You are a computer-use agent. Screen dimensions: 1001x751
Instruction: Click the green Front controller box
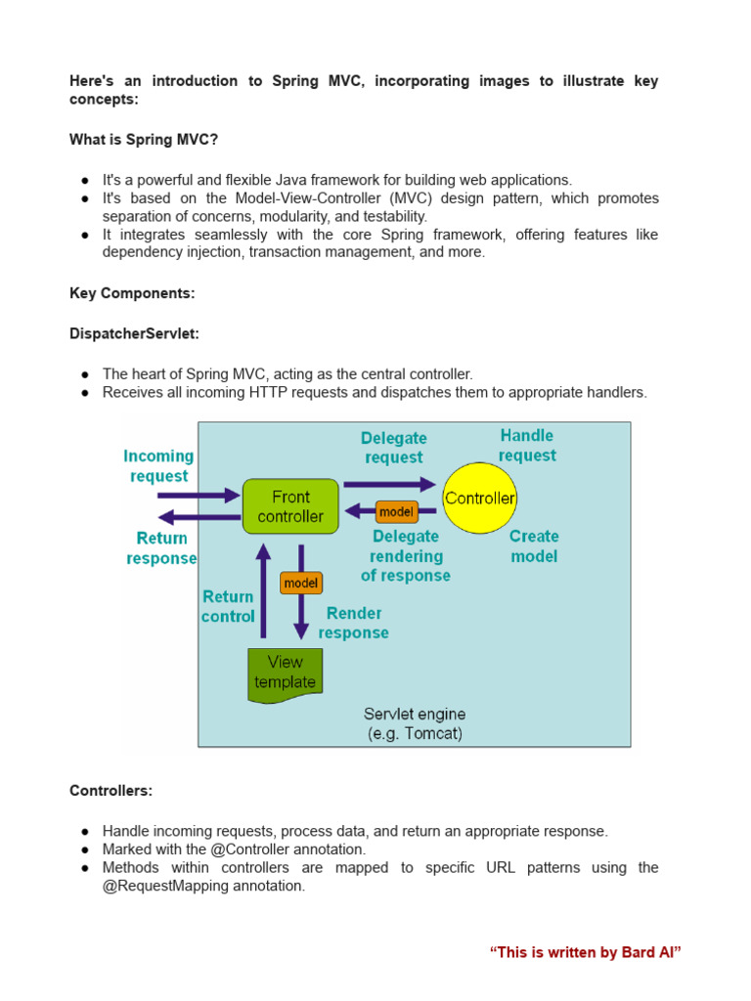coord(290,505)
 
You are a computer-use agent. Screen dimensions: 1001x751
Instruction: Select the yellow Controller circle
coord(480,499)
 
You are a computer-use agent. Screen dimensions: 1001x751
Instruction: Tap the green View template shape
coord(285,673)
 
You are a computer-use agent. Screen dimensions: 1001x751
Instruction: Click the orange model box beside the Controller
coord(396,511)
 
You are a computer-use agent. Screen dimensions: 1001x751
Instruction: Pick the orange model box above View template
coord(301,583)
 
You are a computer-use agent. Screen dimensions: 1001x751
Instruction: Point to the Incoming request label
coord(158,465)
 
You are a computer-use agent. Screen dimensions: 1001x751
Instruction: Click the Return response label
coord(161,547)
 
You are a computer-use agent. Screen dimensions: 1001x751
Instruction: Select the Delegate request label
coord(394,448)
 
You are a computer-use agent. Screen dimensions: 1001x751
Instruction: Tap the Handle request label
coord(527,445)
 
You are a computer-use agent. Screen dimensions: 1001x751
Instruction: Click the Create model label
coord(534,545)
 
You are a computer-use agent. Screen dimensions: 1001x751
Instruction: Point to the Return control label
coord(228,606)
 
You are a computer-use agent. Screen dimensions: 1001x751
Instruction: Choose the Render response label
coord(353,623)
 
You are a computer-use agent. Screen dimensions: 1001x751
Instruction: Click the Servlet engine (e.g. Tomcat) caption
coord(415,723)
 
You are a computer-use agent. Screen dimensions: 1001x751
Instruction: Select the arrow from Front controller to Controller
coord(389,483)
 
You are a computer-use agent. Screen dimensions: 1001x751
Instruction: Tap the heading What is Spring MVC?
coord(144,140)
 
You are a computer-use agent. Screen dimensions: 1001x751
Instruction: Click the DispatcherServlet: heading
coord(134,333)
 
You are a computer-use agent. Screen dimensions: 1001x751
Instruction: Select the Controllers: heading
coord(110,790)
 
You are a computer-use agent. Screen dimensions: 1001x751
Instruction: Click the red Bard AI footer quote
coord(585,952)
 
